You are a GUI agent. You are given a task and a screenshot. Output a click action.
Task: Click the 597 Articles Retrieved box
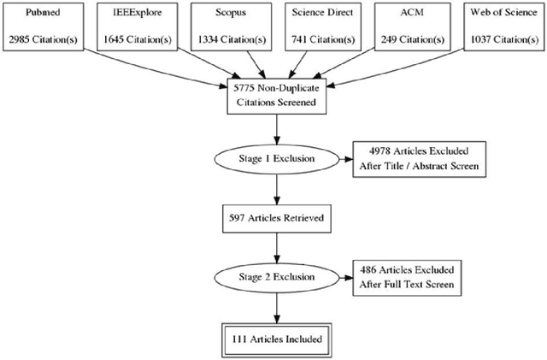[x=275, y=218]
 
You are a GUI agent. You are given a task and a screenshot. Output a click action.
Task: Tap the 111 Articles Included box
[x=275, y=339]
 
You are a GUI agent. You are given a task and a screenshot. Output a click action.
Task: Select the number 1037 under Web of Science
[x=478, y=39]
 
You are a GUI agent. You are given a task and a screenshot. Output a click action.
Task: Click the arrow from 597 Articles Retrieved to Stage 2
[x=275, y=247]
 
